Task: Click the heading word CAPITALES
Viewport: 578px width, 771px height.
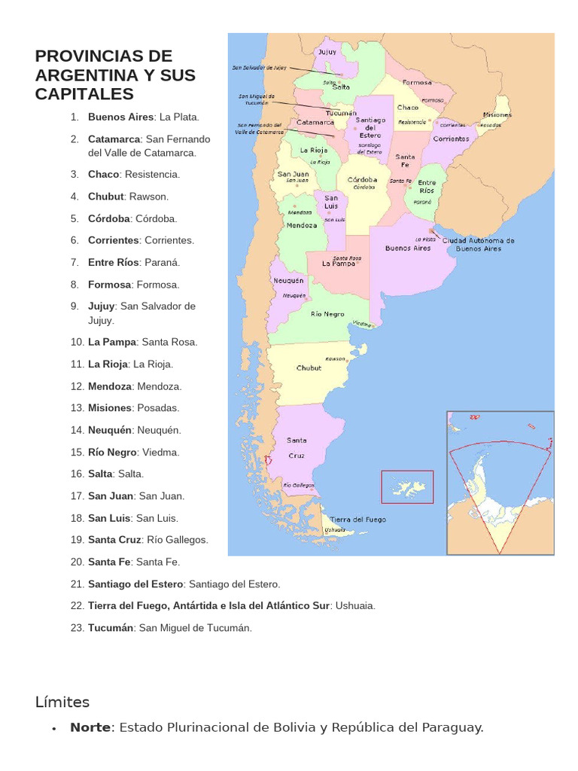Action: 84,94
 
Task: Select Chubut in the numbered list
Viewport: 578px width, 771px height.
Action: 105,197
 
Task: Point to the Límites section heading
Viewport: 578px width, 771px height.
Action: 62,702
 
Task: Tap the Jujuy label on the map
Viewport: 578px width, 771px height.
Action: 327,52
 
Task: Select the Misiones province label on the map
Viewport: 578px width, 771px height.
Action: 497,115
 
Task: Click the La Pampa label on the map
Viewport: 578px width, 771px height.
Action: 338,264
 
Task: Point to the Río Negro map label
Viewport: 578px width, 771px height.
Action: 327,314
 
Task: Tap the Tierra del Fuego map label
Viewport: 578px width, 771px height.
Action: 357,520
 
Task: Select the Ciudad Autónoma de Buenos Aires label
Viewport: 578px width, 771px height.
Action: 478,244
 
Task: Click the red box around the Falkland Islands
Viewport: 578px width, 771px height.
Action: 407,486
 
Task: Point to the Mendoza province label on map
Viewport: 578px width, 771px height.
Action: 302,225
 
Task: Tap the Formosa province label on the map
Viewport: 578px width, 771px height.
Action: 417,82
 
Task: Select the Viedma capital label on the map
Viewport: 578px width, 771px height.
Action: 362,324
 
